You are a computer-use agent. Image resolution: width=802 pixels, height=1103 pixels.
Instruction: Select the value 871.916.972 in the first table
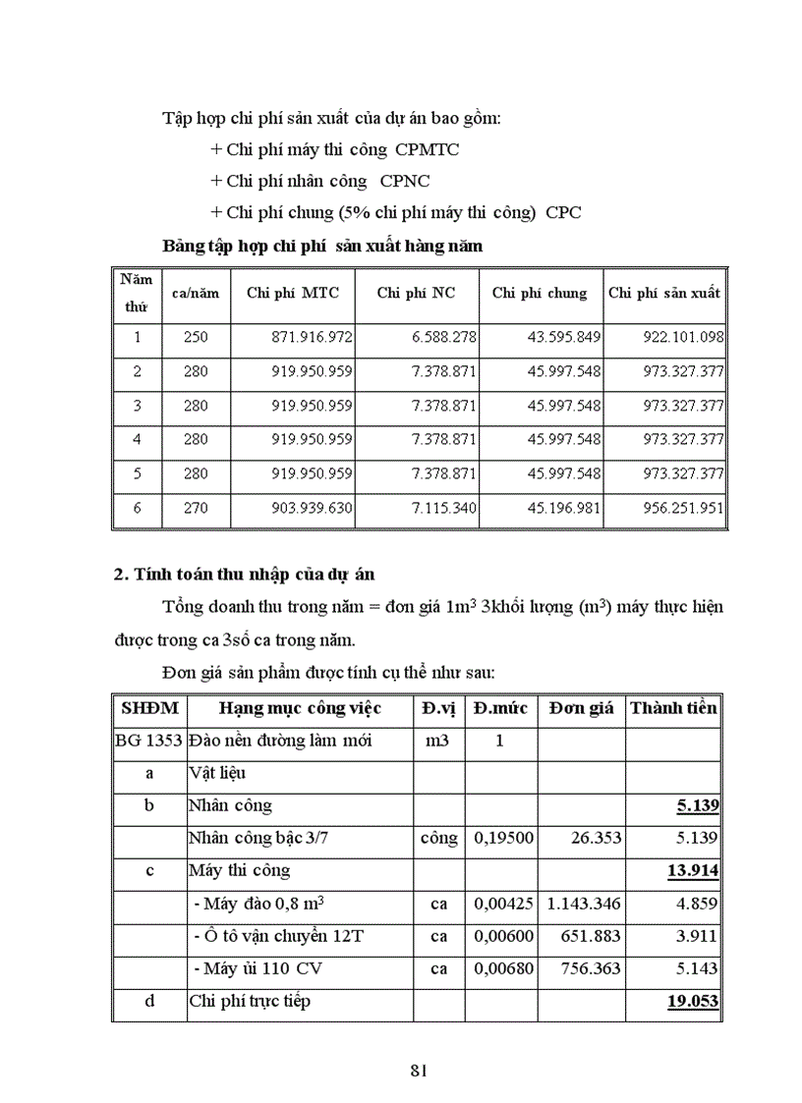pyautogui.click(x=313, y=337)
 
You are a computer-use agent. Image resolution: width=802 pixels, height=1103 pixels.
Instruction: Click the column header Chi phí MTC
pyautogui.click(x=292, y=293)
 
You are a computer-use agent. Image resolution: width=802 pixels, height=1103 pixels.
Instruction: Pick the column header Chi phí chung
pyautogui.click(x=540, y=293)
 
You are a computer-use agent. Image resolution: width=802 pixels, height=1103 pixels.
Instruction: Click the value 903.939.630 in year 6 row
pyautogui.click(x=313, y=509)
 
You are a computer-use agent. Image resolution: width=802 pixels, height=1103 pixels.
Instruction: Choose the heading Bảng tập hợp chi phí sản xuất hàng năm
pyautogui.click(x=322, y=246)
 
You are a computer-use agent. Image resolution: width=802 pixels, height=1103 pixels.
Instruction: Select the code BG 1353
pyautogui.click(x=148, y=741)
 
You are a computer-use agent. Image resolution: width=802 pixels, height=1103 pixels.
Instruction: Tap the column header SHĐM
pyautogui.click(x=148, y=708)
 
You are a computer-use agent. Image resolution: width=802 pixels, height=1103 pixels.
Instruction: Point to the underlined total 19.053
pyautogui.click(x=695, y=1001)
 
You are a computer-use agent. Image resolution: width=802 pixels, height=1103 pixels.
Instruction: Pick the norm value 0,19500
pyautogui.click(x=498, y=838)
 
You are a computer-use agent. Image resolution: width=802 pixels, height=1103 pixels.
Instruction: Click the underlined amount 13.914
pyautogui.click(x=695, y=870)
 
